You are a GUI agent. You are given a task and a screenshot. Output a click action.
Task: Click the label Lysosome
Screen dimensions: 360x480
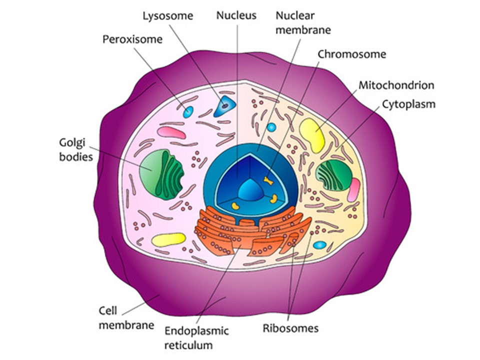tap(167, 16)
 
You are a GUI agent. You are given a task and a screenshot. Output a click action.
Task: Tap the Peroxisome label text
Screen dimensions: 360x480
tap(132, 39)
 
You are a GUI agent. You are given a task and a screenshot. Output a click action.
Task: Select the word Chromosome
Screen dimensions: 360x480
tap(352, 54)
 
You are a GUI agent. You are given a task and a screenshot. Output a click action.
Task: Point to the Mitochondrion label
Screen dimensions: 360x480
tap(396, 85)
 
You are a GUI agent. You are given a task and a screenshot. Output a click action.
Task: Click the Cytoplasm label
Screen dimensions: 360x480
tap(408, 104)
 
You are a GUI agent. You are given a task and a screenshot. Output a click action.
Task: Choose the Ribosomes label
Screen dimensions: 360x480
tap(290, 328)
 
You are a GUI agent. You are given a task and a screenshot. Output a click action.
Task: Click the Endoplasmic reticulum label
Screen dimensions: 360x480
tap(196, 337)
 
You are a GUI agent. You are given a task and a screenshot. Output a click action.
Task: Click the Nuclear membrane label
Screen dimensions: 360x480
tap(303, 22)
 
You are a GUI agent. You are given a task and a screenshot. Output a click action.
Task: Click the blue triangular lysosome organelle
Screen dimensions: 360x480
tap(225, 106)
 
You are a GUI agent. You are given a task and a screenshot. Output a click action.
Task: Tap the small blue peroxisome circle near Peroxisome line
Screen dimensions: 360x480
tap(187, 111)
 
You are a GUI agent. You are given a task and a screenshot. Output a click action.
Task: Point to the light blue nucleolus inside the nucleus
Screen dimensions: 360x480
tap(249, 189)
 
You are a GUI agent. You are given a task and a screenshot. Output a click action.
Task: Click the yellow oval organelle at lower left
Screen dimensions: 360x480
tap(168, 239)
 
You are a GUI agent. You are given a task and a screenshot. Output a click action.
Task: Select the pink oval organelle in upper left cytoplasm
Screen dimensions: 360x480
tap(171, 132)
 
